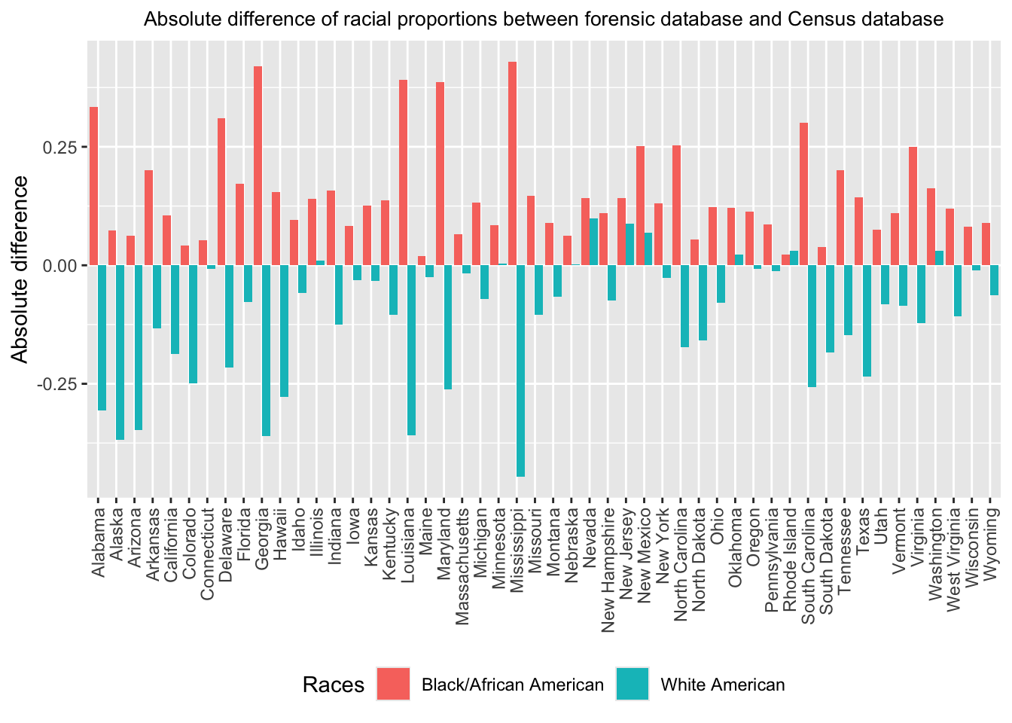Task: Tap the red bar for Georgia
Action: (x=258, y=166)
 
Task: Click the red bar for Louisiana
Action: (x=403, y=172)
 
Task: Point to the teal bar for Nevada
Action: (x=593, y=242)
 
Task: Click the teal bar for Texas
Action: (x=867, y=321)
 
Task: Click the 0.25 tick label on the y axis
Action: (x=62, y=147)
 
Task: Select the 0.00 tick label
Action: (x=62, y=265)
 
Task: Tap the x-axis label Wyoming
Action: (x=992, y=535)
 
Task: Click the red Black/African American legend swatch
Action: (x=394, y=685)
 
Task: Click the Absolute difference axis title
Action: (x=20, y=269)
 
